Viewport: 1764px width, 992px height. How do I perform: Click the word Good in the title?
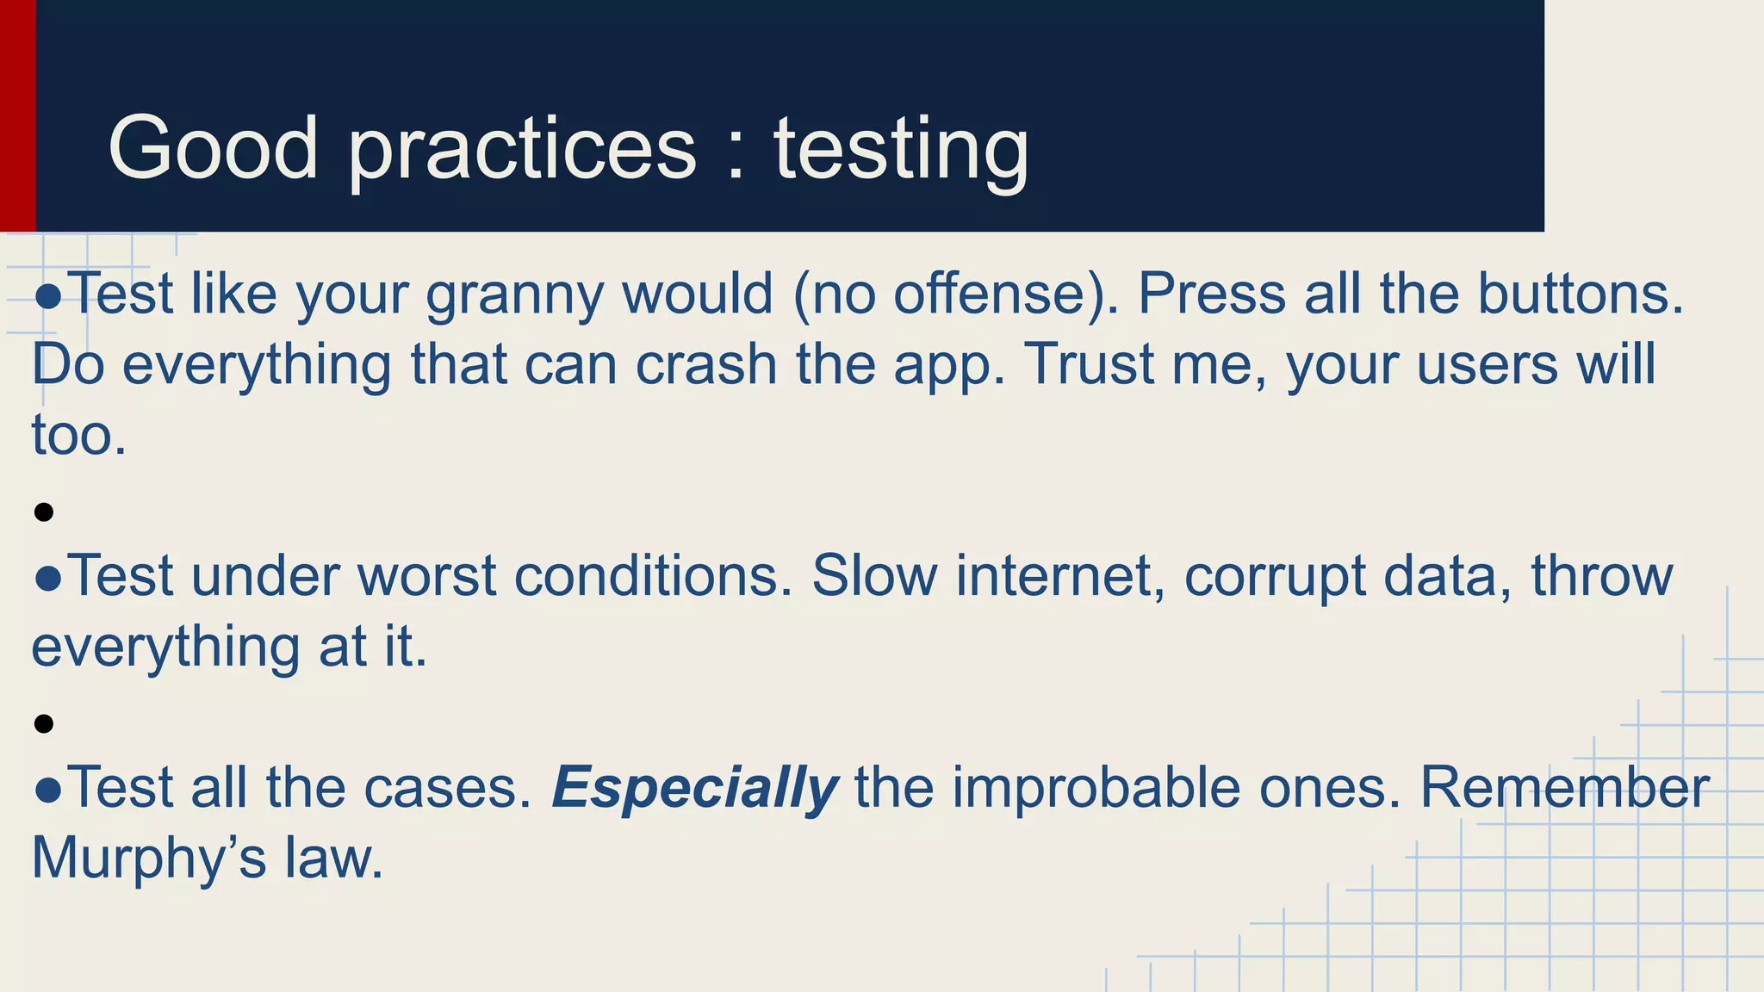213,148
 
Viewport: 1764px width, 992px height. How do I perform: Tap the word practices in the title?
522,151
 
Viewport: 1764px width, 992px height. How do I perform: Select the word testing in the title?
900,151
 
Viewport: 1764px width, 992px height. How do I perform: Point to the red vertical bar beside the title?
17,115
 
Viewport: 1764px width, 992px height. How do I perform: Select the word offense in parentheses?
990,294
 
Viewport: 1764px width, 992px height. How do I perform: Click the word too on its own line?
78,436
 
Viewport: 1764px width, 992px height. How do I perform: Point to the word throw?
1601,576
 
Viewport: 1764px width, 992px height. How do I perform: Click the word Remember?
1563,788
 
